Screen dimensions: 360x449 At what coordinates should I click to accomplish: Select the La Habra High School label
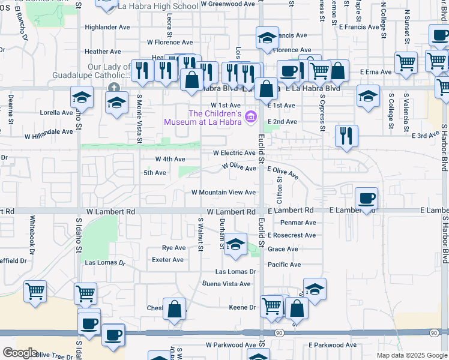[x=158, y=6]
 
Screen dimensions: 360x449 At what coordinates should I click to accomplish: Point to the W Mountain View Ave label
[x=223, y=193]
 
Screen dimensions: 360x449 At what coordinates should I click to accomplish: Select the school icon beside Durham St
[x=235, y=244]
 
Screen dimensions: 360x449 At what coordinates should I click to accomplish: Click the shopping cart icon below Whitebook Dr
[x=35, y=292]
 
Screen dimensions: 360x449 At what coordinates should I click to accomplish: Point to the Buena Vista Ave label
[x=226, y=284]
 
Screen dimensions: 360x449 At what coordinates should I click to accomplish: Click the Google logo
[x=20, y=353]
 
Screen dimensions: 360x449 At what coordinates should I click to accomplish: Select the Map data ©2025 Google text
[x=412, y=355]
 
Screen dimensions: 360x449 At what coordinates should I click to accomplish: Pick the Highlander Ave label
[x=107, y=27]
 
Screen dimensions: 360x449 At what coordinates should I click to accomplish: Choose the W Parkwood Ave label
[x=231, y=345]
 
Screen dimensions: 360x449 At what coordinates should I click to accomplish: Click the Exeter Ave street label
[x=168, y=260]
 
